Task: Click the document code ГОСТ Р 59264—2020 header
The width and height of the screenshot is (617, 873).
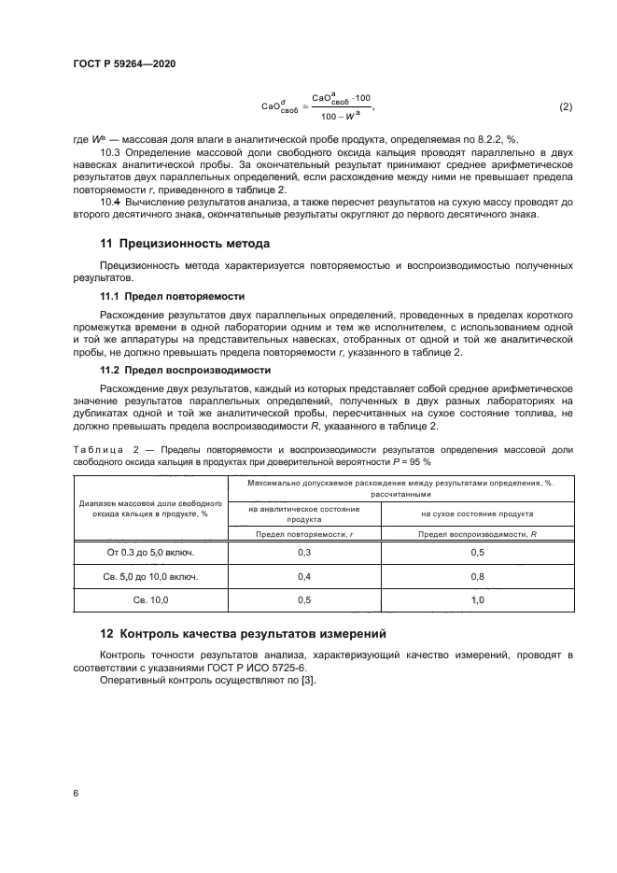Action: pyautogui.click(x=123, y=63)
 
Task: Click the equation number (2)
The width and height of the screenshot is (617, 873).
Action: pyautogui.click(x=566, y=106)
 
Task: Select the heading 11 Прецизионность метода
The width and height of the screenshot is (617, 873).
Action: pyautogui.click(x=185, y=244)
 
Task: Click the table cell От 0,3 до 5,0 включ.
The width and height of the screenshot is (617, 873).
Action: pyautogui.click(x=149, y=553)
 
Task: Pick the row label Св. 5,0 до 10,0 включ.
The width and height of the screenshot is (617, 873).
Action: pyautogui.click(x=149, y=577)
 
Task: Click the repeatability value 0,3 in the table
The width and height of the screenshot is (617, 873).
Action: pyautogui.click(x=303, y=553)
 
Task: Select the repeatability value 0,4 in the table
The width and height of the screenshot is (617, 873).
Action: pyautogui.click(x=303, y=577)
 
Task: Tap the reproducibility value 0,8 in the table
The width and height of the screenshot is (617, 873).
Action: pyautogui.click(x=477, y=577)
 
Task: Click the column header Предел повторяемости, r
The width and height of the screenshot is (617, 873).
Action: pyautogui.click(x=303, y=532)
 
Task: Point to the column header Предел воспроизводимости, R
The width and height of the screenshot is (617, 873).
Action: pyautogui.click(x=477, y=532)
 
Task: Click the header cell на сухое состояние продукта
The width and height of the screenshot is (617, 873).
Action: pyautogui.click(x=477, y=513)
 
